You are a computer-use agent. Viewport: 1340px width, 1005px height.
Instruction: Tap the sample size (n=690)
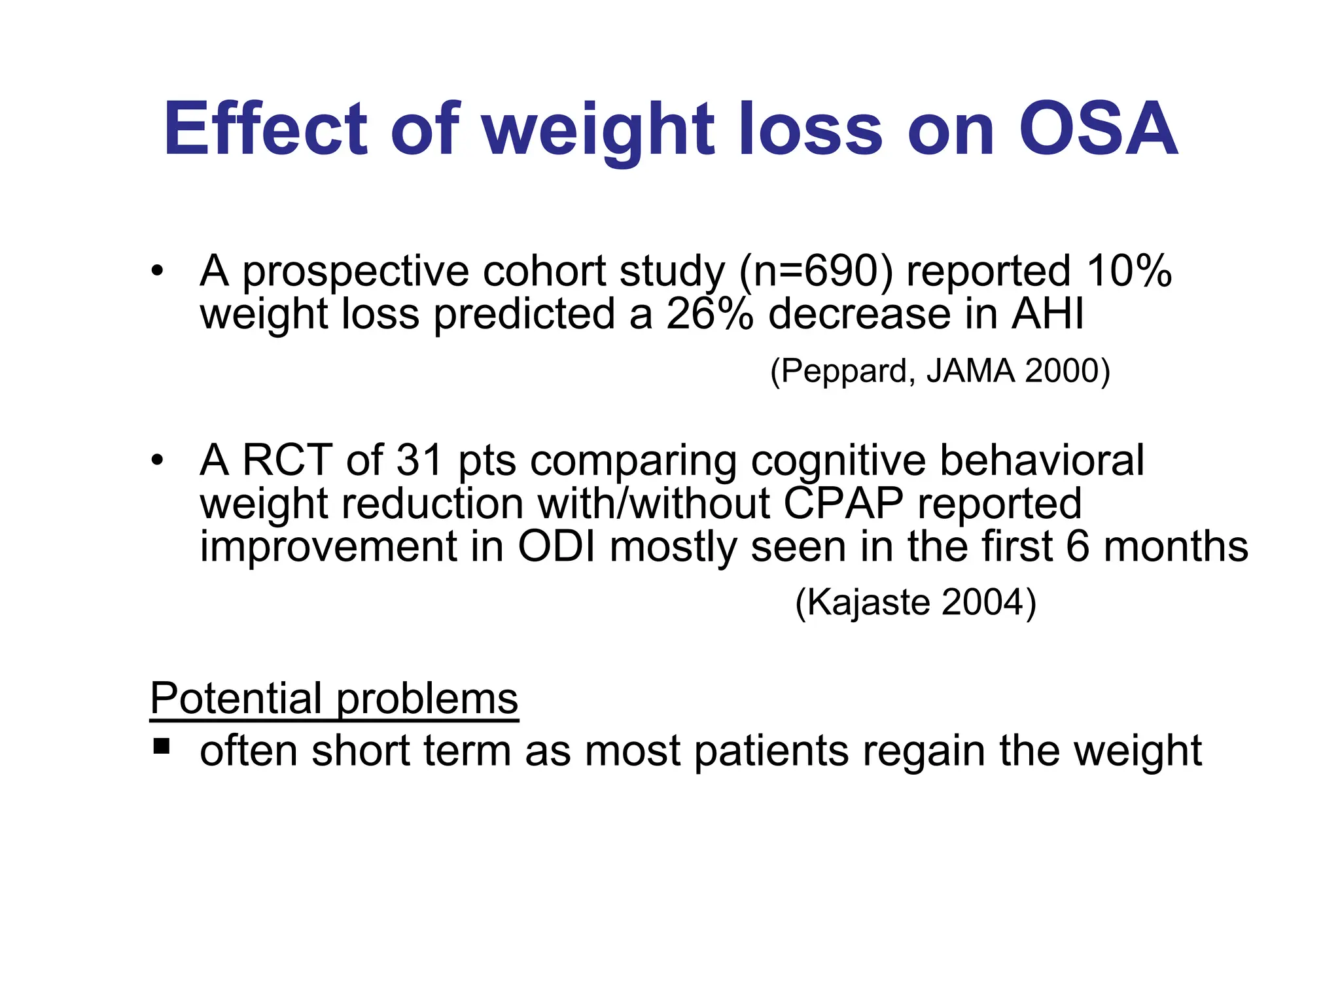click(x=815, y=272)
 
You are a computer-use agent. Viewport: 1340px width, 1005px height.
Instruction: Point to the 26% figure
click(x=709, y=314)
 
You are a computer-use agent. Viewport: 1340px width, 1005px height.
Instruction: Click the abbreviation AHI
click(x=1048, y=314)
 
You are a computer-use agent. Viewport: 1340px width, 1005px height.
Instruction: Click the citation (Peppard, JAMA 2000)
click(x=940, y=371)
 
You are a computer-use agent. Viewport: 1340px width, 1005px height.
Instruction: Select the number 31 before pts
click(x=420, y=460)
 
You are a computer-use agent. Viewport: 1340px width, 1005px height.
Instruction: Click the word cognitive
click(x=838, y=461)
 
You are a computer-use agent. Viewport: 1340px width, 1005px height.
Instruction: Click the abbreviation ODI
click(x=556, y=547)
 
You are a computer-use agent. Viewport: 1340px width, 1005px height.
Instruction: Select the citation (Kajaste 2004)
click(x=915, y=602)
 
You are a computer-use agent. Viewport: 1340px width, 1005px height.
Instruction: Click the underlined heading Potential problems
click(x=334, y=698)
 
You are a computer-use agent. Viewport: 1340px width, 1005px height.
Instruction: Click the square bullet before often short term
click(x=161, y=746)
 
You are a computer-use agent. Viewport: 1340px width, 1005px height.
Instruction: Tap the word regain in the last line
click(x=923, y=752)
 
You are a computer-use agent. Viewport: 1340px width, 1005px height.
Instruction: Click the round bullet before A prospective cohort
click(x=156, y=271)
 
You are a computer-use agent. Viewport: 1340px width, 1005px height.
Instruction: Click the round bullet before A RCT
click(x=156, y=460)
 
